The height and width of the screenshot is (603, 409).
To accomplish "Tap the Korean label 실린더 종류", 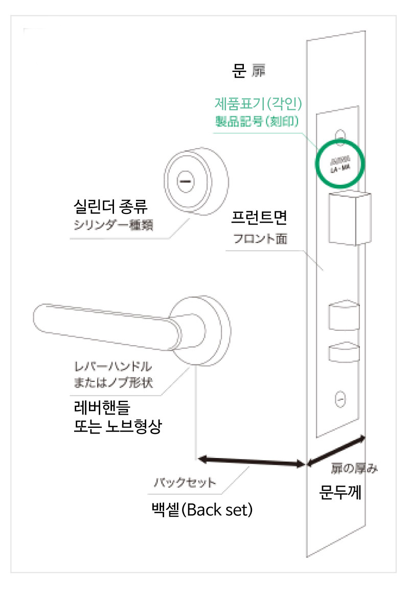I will coord(110,208).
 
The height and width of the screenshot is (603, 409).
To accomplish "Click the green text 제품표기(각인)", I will coord(259,105).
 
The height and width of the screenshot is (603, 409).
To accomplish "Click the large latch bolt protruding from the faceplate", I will coord(349,219).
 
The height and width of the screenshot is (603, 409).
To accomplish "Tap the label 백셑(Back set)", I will coord(202,510).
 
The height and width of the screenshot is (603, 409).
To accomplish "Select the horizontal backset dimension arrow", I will coord(251,462).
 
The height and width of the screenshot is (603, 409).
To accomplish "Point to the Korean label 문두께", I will coord(340,493).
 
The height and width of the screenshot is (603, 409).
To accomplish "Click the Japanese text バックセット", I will coord(186,483).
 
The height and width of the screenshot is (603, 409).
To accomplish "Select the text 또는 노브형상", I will coord(118,427).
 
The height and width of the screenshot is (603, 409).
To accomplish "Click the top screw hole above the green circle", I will coord(339,134).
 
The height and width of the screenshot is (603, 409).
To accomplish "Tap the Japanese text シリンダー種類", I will coord(112,227).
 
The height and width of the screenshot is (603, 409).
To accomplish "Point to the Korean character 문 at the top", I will coord(239,71).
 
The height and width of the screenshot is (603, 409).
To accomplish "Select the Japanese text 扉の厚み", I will coord(354,468).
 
